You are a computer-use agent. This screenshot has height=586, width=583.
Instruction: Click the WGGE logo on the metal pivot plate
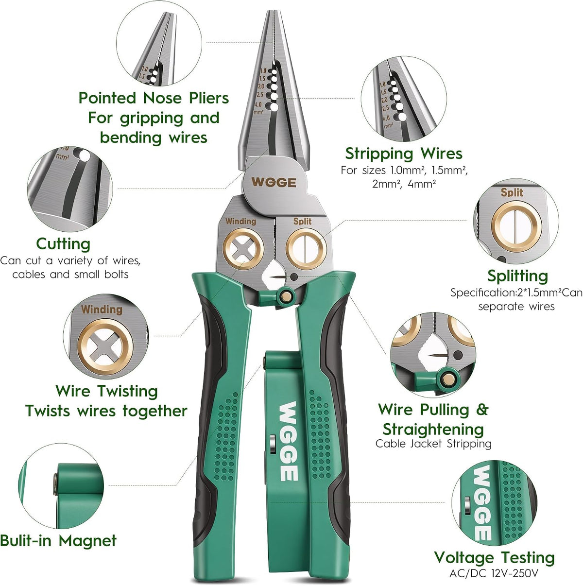pos(274,183)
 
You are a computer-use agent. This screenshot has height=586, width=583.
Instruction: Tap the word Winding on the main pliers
pos(241,222)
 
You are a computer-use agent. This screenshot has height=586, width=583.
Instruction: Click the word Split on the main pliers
pos(302,222)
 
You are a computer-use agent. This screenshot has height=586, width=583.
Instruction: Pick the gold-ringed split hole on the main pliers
pos(306,249)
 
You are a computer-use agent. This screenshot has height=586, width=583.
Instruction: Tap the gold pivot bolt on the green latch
pos(286,295)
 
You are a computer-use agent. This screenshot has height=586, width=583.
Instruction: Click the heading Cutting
pos(63,244)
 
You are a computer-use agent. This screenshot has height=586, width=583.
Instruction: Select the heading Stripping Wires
pos(404,154)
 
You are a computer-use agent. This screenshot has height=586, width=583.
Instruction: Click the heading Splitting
pos(517,276)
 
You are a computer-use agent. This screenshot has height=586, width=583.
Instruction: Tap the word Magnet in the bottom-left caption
pos(87,540)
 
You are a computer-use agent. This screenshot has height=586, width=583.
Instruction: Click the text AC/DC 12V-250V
pos(494,573)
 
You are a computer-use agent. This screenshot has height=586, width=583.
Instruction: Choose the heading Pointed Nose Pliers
pos(154,98)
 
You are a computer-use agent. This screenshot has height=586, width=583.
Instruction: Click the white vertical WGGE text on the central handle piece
pos(288,441)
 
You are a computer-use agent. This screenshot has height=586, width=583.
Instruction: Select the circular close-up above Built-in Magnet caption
pos(61,485)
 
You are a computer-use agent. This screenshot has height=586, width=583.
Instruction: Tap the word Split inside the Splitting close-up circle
pos(512,192)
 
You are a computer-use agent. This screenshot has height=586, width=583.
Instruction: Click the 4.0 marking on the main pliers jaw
pos(258,105)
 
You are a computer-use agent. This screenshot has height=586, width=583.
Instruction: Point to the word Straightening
pos(433,430)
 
